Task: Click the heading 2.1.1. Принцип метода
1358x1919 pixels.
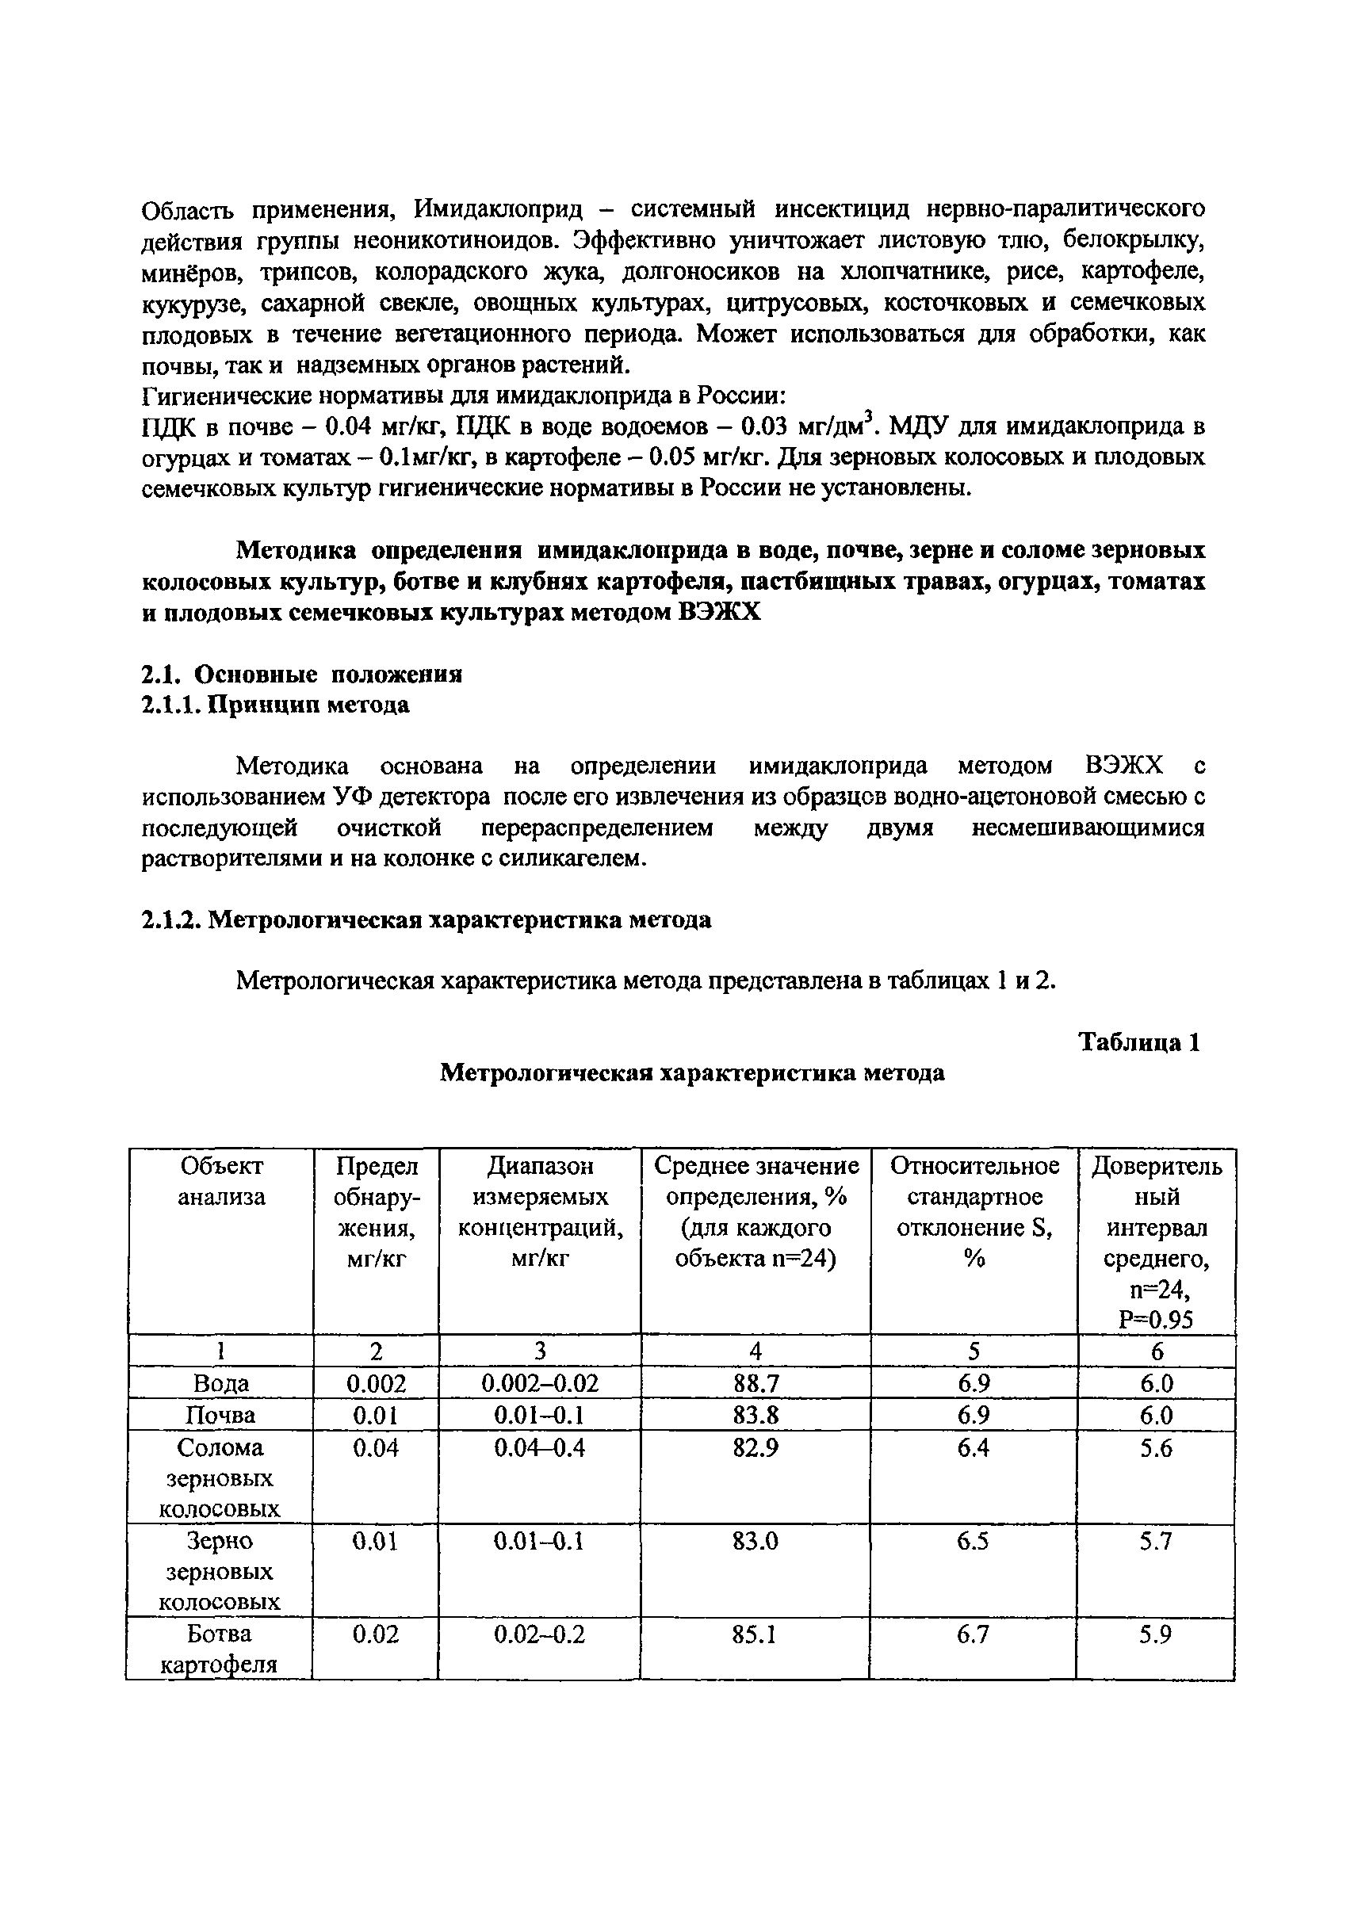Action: pyautogui.click(x=275, y=705)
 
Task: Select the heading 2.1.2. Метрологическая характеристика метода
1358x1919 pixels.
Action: pyautogui.click(x=426, y=919)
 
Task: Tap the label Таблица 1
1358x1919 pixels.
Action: pyautogui.click(x=1139, y=1042)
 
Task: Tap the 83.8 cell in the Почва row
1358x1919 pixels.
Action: pyautogui.click(x=756, y=1416)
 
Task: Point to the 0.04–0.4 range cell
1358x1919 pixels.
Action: pyautogui.click(x=539, y=1447)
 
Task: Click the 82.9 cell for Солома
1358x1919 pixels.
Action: pyautogui.click(x=756, y=1447)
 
